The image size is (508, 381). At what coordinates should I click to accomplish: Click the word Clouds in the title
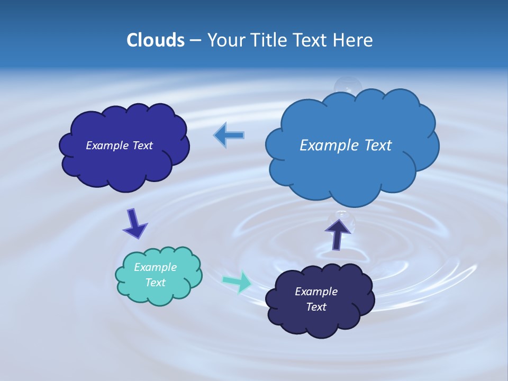[156, 40]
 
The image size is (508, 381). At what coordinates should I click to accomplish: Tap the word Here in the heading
[354, 40]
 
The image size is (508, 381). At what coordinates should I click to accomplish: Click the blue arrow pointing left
[229, 135]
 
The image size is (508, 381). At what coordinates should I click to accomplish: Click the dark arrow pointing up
[337, 234]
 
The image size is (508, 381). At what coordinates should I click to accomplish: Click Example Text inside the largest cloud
[346, 146]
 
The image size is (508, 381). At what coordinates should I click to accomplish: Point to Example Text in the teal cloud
[155, 275]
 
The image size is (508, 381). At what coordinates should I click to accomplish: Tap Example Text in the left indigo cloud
[119, 146]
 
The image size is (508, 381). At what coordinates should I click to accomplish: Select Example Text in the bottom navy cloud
[316, 299]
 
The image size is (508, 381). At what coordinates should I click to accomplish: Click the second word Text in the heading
[312, 40]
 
